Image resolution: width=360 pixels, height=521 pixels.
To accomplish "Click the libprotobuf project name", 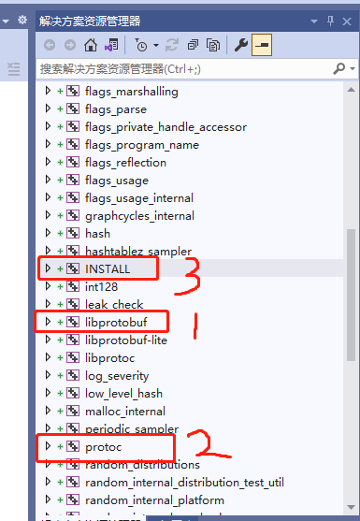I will [117, 322].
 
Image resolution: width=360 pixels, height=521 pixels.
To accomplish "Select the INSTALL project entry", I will [108, 268].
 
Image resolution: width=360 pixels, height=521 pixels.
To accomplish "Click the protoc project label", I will [104, 447].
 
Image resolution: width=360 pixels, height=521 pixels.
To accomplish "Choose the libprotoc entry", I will [110, 357].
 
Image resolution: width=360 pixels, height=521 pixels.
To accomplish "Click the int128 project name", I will [103, 286].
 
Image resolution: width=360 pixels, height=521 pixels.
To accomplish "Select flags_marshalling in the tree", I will [131, 92].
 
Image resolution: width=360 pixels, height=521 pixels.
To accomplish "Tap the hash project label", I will [97, 233].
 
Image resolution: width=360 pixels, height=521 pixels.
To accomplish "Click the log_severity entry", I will [119, 375].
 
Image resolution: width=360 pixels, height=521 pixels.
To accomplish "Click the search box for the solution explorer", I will [187, 69].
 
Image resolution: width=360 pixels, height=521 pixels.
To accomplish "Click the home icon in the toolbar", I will [91, 45].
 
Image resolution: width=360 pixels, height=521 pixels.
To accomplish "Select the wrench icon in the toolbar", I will [240, 45].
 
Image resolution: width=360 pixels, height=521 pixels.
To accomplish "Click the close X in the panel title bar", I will [349, 20].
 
